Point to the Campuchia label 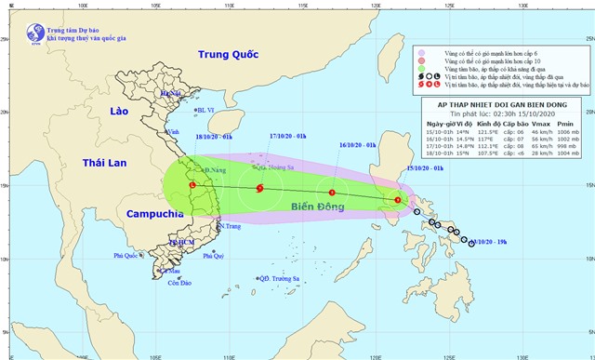[x=152, y=214]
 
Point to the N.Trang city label [x=231, y=226]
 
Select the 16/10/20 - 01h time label [x=358, y=145]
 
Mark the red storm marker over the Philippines [x=397, y=200]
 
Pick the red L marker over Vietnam [x=192, y=185]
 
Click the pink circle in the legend [x=421, y=54]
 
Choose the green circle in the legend [x=421, y=71]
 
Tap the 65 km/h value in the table [x=536, y=146]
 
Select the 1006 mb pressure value [x=569, y=131]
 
